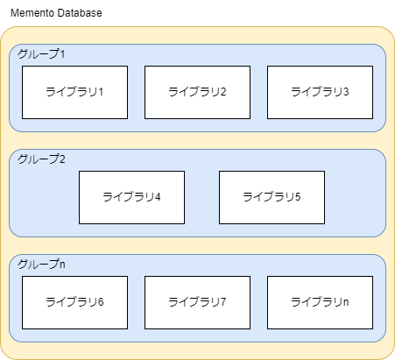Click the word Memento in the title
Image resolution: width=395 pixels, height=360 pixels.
coord(32,13)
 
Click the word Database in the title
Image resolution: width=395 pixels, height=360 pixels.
coord(80,13)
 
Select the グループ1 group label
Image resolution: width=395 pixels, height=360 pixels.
coord(41,54)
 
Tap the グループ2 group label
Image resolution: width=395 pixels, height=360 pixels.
coord(41,159)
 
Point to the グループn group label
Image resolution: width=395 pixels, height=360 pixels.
coord(41,265)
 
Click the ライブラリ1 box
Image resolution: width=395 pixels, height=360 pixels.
coord(74,92)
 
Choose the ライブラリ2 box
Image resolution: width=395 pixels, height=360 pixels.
coord(197,92)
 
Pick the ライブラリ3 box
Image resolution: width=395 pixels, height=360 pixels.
coord(320,92)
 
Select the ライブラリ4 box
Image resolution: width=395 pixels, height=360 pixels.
coord(131,197)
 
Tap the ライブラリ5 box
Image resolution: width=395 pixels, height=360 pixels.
coord(272,197)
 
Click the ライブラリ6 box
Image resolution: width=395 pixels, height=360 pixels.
coord(74,302)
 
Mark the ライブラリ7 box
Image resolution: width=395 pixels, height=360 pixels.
coord(197,302)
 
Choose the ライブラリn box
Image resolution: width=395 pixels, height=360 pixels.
coord(320,302)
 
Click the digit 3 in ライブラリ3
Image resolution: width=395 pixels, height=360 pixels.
coord(346,92)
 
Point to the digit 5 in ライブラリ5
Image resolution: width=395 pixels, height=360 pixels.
coord(298,197)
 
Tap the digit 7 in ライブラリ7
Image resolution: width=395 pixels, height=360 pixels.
coord(223,302)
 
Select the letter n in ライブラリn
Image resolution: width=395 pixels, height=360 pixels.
coord(346,303)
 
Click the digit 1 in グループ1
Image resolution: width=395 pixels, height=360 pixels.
coord(62,54)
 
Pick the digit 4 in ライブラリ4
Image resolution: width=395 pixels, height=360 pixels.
coord(158,197)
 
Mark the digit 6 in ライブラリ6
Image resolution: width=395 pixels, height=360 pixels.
coord(101,302)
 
